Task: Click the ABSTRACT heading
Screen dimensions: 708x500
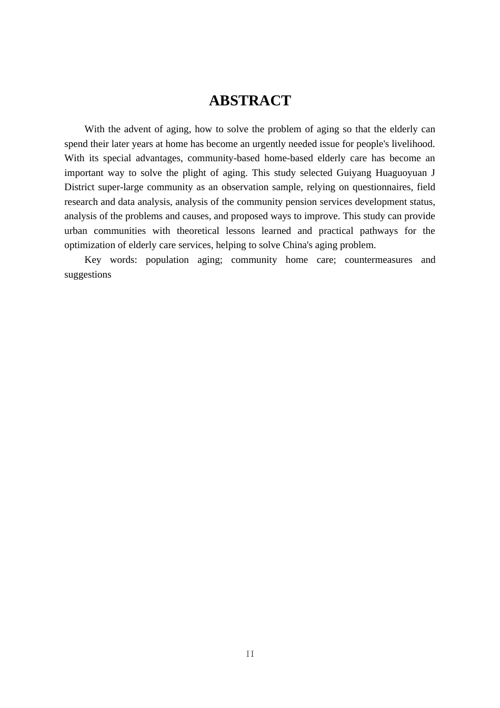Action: coord(249,101)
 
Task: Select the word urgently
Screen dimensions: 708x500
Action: coord(271,144)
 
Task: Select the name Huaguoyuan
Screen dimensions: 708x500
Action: coord(401,173)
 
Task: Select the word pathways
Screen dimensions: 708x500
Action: coord(379,231)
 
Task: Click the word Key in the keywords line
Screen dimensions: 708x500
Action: coord(93,260)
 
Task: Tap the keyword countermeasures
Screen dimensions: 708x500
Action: coord(378,260)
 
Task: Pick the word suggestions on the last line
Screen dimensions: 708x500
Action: coord(88,274)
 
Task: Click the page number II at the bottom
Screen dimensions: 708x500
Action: coord(250,654)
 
